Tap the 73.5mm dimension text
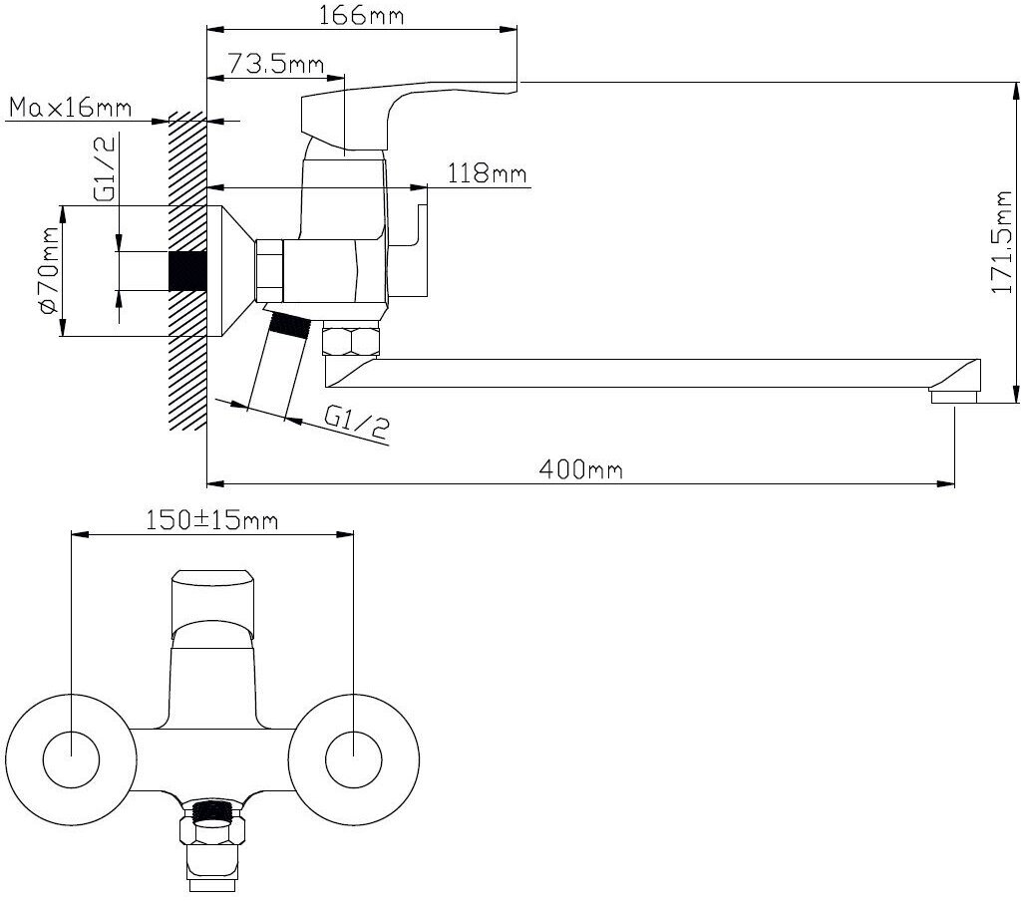(x=275, y=65)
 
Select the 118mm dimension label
(x=488, y=174)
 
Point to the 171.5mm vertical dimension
(x=1003, y=244)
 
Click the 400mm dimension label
(x=580, y=468)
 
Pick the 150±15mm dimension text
(x=211, y=519)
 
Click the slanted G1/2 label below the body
(x=356, y=423)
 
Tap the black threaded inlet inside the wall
(x=186, y=270)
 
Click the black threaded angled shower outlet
(x=289, y=324)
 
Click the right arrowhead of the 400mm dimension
(x=948, y=484)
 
